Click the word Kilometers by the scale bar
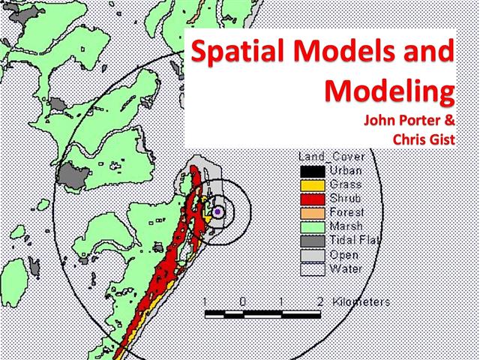point(361,301)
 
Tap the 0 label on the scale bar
point(241,301)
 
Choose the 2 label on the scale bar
point(320,301)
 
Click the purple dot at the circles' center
point(217,212)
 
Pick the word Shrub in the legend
point(345,199)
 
